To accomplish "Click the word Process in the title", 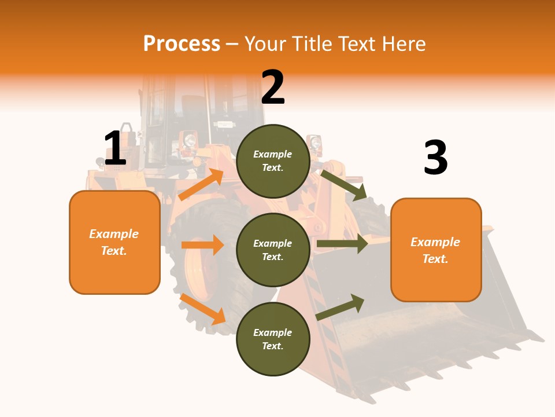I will (x=182, y=44).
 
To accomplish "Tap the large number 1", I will (x=115, y=148).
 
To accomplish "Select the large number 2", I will (x=273, y=87).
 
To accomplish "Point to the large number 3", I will (x=435, y=158).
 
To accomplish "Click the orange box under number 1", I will (x=114, y=242).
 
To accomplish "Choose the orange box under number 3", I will (x=436, y=250).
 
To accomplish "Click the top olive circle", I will (x=273, y=161).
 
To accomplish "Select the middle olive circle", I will (x=273, y=250).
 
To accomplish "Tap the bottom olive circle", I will (x=273, y=339).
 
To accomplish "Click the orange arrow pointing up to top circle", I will (x=201, y=185).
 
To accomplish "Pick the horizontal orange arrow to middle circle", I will (x=202, y=245).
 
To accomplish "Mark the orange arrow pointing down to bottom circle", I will (x=202, y=309).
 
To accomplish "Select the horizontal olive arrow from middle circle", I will (x=342, y=244).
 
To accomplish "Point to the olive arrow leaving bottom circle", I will (x=341, y=307).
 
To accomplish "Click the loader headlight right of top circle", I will (x=316, y=143).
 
